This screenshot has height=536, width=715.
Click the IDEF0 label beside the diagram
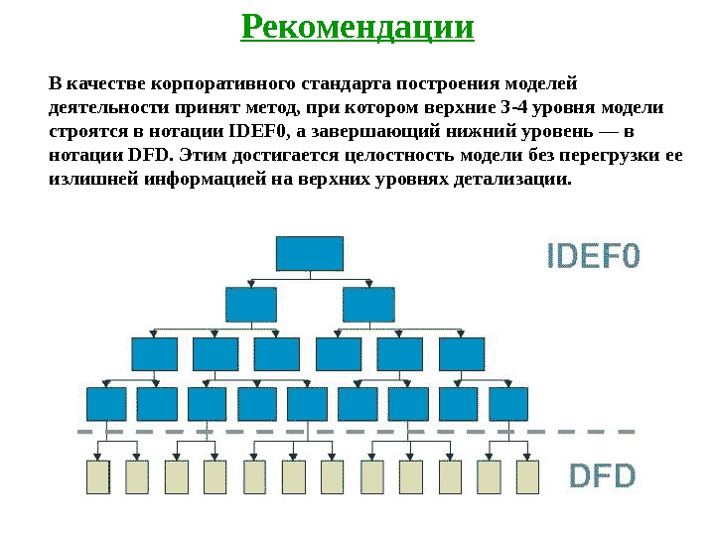click(x=594, y=258)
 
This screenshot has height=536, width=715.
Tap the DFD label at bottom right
click(x=601, y=476)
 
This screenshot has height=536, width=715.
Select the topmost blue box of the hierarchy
click(x=310, y=253)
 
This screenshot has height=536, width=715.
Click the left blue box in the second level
click(x=251, y=304)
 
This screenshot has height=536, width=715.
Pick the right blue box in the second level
click(x=368, y=304)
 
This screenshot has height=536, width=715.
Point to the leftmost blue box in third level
click(x=154, y=353)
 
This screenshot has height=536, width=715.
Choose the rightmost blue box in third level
click(x=461, y=353)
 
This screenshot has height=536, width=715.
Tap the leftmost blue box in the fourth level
click(x=106, y=403)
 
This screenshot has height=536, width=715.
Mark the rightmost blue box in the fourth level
click(x=507, y=403)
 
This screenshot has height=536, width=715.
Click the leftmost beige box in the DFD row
click(x=96, y=477)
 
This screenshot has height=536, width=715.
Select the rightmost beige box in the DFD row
click(x=526, y=477)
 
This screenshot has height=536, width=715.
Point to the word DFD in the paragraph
click(x=151, y=155)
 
